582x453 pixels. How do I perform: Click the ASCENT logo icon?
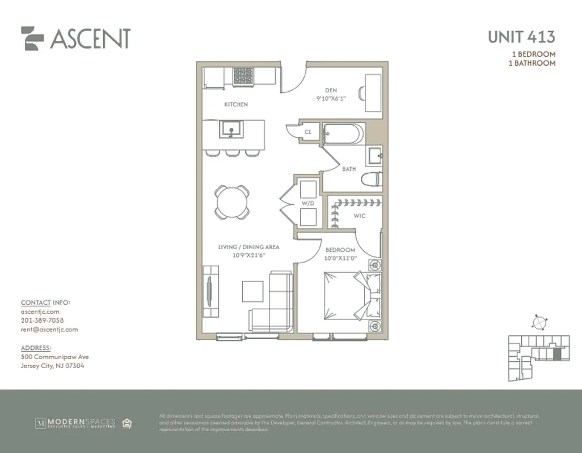click(x=32, y=39)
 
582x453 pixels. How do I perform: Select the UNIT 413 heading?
click(x=521, y=37)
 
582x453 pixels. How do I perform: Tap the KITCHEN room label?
click(x=236, y=104)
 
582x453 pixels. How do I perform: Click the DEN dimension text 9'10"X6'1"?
click(x=331, y=98)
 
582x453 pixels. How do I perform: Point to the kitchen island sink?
click(x=231, y=130)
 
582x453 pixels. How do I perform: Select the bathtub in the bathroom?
click(x=343, y=135)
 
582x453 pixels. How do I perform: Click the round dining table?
click(x=231, y=202)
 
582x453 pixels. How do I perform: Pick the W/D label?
click(x=308, y=203)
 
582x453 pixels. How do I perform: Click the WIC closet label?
click(x=359, y=216)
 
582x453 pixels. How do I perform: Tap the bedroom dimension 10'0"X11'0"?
click(x=340, y=258)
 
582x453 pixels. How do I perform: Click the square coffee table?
click(x=252, y=292)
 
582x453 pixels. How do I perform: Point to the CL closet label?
click(x=308, y=132)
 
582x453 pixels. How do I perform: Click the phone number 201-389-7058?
click(x=42, y=320)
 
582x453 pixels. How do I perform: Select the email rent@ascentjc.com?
click(x=49, y=330)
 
